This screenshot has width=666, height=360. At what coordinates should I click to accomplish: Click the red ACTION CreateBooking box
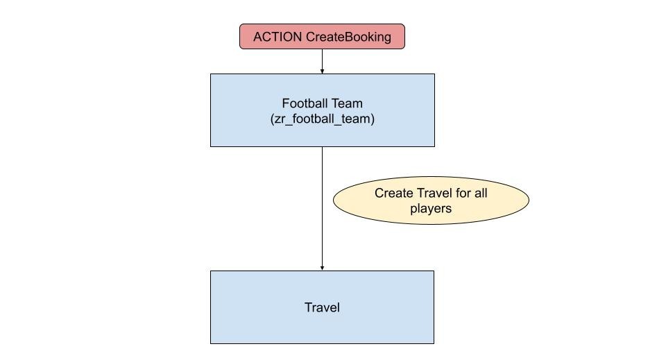[x=322, y=37]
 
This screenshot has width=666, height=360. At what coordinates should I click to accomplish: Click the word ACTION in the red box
[x=277, y=37]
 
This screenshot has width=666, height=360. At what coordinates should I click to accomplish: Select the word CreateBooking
[x=348, y=37]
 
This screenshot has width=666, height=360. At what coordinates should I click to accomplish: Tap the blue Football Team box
[x=323, y=110]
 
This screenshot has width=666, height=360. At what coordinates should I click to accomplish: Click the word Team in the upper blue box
[x=347, y=103]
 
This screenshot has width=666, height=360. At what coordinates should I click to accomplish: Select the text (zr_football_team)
[x=323, y=119]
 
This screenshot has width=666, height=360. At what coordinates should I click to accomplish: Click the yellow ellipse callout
[x=431, y=200]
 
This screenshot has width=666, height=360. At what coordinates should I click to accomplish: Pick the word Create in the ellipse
[x=394, y=193]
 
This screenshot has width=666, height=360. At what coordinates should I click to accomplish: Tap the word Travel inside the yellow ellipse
[x=434, y=193]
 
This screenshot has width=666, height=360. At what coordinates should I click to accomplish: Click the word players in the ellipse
[x=431, y=209]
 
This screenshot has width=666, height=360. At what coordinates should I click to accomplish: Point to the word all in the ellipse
[x=481, y=193]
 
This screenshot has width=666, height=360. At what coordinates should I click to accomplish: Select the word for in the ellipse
[x=463, y=193]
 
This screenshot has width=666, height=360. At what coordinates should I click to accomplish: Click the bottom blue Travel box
[x=322, y=307]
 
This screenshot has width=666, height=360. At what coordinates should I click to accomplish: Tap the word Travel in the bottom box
[x=322, y=307]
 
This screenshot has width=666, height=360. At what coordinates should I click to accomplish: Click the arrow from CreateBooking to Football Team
[x=322, y=62]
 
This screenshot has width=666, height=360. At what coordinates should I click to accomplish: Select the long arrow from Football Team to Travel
[x=322, y=209]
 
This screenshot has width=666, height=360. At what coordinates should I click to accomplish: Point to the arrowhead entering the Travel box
[x=322, y=268]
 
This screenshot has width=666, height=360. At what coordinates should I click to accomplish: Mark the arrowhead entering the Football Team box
[x=322, y=71]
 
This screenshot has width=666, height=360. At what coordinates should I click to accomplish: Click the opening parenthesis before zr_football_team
[x=272, y=119]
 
